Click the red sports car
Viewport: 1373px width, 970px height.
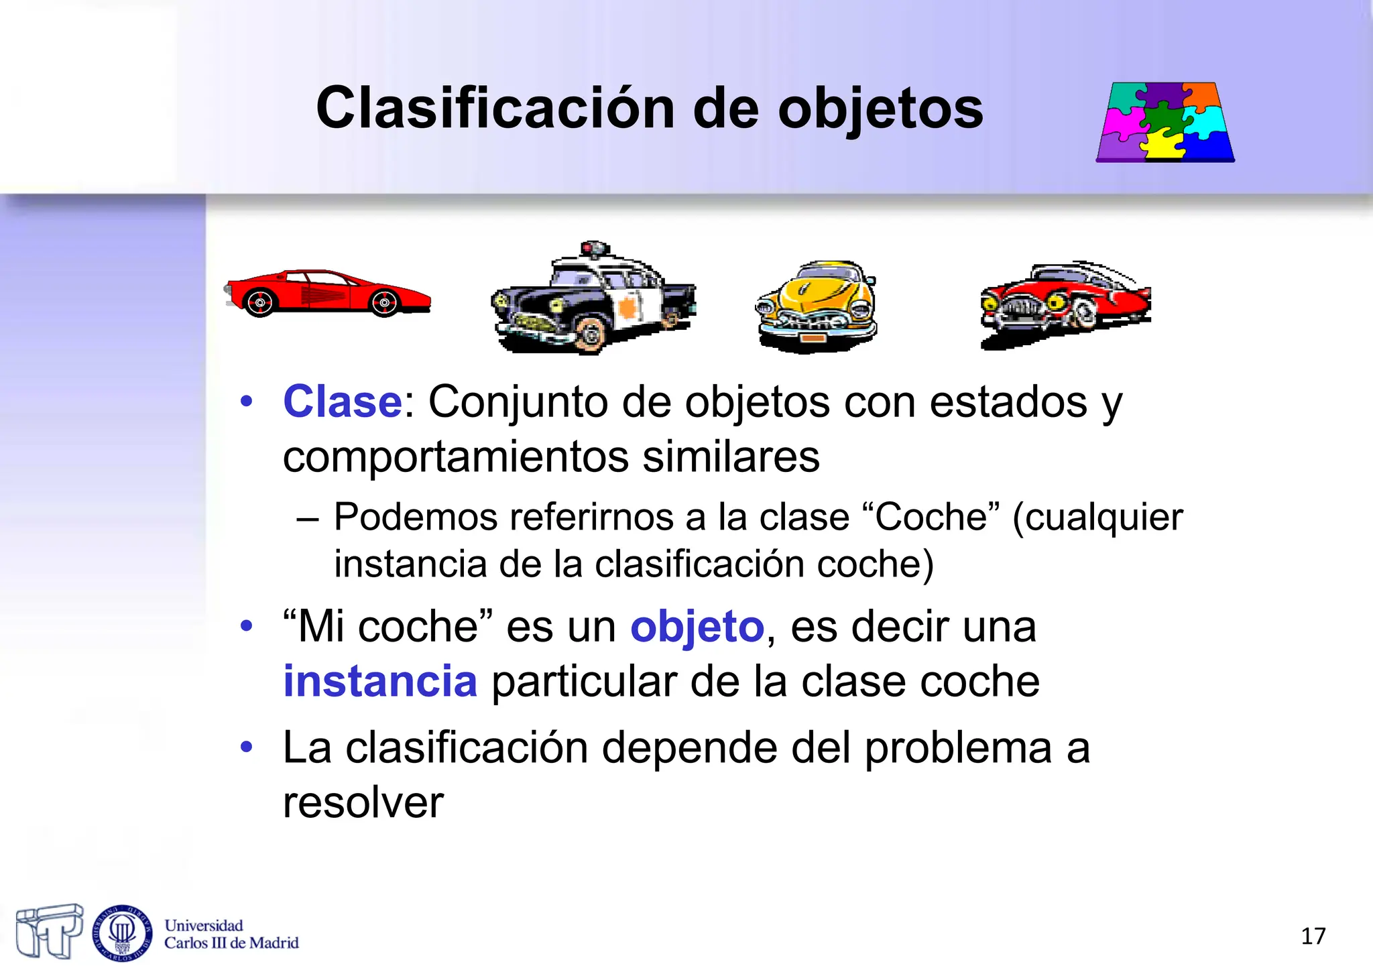tap(327, 293)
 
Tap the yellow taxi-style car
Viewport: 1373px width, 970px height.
tap(817, 305)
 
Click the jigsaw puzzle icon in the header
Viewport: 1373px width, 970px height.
tap(1165, 122)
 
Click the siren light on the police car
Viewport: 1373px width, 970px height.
tap(594, 248)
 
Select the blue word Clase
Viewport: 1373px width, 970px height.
tap(342, 402)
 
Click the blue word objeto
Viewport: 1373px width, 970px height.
tap(697, 627)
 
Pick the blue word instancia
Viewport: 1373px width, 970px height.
tap(380, 681)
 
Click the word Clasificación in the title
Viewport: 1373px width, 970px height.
tap(495, 109)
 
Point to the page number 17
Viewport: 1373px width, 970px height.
tap(1313, 936)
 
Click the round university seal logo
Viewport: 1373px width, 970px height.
tap(122, 932)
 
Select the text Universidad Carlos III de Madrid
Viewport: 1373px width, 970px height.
tap(231, 934)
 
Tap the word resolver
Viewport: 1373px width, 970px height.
tap(363, 802)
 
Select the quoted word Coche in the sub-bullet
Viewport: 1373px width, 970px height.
tap(931, 518)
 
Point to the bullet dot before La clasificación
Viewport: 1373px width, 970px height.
tap(247, 747)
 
